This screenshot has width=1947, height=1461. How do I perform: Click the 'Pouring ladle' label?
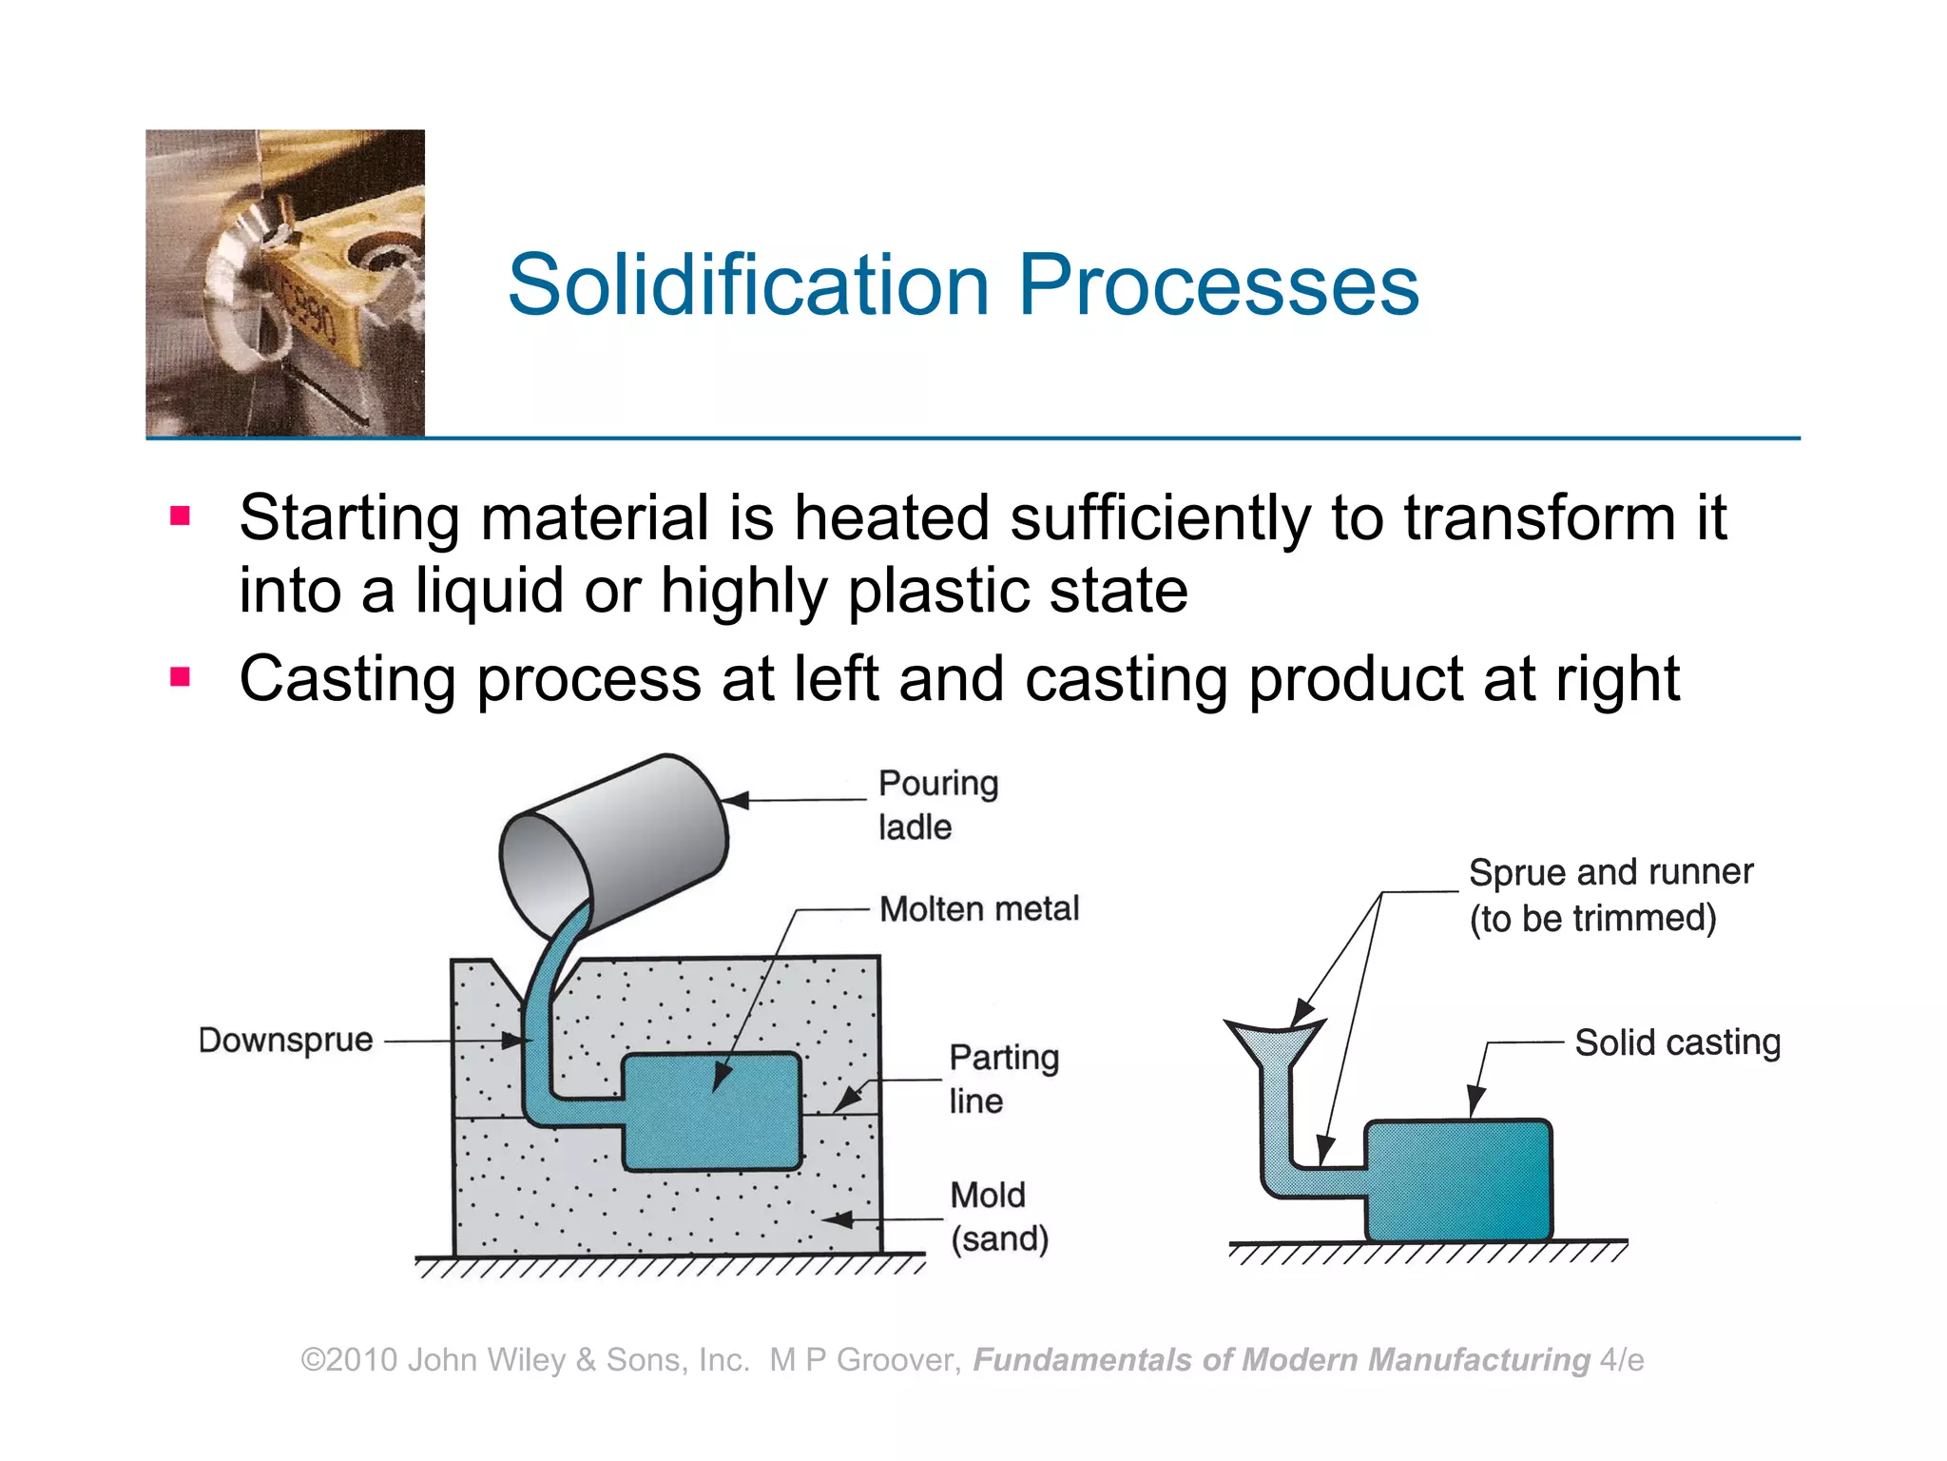pyautogui.click(x=937, y=805)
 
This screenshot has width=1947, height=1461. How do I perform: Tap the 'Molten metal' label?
pyautogui.click(x=979, y=908)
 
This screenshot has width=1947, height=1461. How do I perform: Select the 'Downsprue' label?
pyautogui.click(x=285, y=1040)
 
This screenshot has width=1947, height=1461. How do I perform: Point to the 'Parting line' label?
pyautogui.click(x=1003, y=1079)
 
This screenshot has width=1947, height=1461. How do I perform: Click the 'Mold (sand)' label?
pyautogui.click(x=998, y=1217)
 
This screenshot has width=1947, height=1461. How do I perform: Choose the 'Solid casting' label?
pyautogui.click(x=1677, y=1042)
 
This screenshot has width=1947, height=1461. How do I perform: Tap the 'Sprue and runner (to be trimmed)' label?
pyautogui.click(x=1610, y=894)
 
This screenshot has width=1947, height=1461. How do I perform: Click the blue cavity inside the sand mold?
pyautogui.click(x=711, y=1111)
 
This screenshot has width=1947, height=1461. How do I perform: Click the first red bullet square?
pyautogui.click(x=181, y=516)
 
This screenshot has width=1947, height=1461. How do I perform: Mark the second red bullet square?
pyautogui.click(x=181, y=677)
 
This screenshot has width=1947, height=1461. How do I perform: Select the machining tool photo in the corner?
pyautogui.click(x=285, y=282)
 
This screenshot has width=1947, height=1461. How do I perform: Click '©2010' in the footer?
pyautogui.click(x=349, y=1359)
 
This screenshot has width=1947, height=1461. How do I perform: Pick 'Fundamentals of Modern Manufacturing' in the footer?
pyautogui.click(x=1281, y=1359)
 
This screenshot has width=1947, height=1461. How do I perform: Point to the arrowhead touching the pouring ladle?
pyautogui.click(x=735, y=800)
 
